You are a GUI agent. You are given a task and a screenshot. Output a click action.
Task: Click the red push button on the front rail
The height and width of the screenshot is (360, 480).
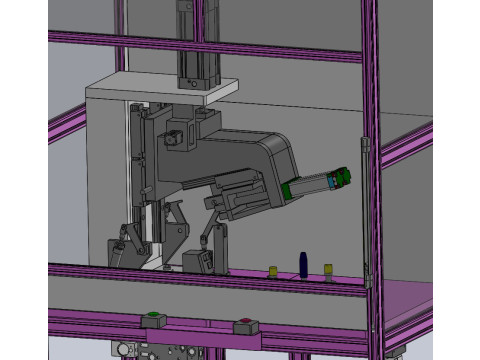(x=244, y=323)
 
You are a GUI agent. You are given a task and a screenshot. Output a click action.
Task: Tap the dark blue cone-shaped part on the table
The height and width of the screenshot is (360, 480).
(x=301, y=264)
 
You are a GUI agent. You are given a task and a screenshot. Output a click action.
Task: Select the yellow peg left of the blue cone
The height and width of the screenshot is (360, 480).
(x=272, y=271)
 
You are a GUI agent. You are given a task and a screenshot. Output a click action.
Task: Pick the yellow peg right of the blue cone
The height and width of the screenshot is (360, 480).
(x=327, y=270)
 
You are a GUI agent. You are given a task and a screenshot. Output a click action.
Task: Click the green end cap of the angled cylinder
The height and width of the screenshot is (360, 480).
(x=344, y=177)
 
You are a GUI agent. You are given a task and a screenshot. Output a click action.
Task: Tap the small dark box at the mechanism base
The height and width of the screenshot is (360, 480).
(x=200, y=262)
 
